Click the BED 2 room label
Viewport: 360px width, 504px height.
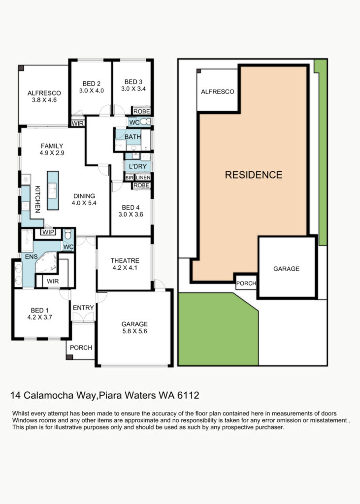coord(92,84)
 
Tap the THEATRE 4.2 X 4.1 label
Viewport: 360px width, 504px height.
coord(125,264)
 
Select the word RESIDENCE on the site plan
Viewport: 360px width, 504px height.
coord(254,175)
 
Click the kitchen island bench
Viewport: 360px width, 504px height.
coord(53,190)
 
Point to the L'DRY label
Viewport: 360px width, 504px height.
coord(138,166)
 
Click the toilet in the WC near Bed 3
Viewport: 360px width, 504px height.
coord(145,122)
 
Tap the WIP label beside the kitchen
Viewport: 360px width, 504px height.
coord(48,232)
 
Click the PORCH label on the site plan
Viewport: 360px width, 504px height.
coord(246,283)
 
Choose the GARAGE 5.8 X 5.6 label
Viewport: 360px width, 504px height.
coord(134,327)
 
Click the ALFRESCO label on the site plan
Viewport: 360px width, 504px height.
coord(218,92)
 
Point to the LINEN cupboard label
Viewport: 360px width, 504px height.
coord(143,177)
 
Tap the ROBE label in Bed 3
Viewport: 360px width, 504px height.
coord(141,111)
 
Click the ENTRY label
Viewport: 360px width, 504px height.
coord(83,308)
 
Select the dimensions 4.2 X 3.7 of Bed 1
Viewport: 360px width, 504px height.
coord(39,317)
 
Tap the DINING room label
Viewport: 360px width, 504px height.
coord(84,196)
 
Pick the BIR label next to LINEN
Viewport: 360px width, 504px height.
coord(130,177)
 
